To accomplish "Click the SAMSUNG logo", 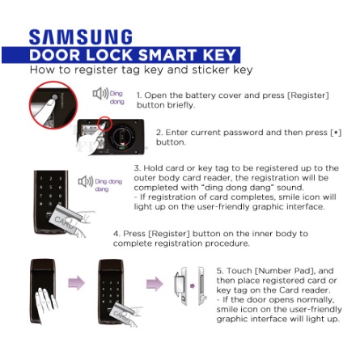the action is pos(81,37).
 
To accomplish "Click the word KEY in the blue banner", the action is pos(219,55).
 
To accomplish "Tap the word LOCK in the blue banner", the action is pos(109,55).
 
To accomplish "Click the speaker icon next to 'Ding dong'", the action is pos(100,94).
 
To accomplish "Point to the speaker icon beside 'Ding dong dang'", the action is pos(86,181).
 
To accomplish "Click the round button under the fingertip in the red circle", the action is pos(55,97).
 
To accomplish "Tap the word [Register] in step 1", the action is pos(308,95).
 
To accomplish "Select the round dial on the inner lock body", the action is pos(124,138).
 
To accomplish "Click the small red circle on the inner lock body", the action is pos(104,124).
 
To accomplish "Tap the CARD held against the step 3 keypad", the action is pos(65,218).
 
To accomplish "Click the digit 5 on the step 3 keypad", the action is pos(50,187).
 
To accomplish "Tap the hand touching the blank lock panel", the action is pos(45,304).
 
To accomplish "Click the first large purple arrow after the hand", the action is pos(76,283).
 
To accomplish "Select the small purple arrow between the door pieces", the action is pos(193,286).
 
